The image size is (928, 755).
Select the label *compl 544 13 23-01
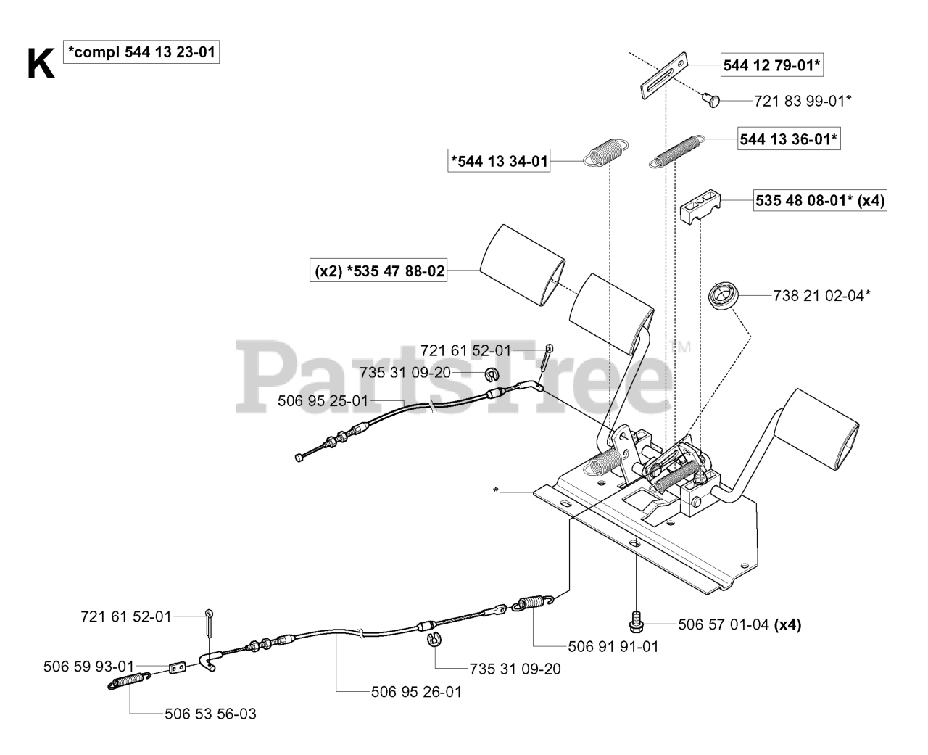coord(141,52)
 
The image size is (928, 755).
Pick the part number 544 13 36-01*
coord(789,139)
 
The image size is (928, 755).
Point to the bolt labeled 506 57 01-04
coord(635,622)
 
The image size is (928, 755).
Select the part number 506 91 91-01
coord(614,645)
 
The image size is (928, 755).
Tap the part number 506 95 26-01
coord(416,692)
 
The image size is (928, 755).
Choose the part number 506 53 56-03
coord(210,714)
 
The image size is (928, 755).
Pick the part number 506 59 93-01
coord(88,666)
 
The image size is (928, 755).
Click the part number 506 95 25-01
coord(323,400)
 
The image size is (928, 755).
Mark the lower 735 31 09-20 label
coord(515,669)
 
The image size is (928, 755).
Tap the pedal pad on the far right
coord(825,429)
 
